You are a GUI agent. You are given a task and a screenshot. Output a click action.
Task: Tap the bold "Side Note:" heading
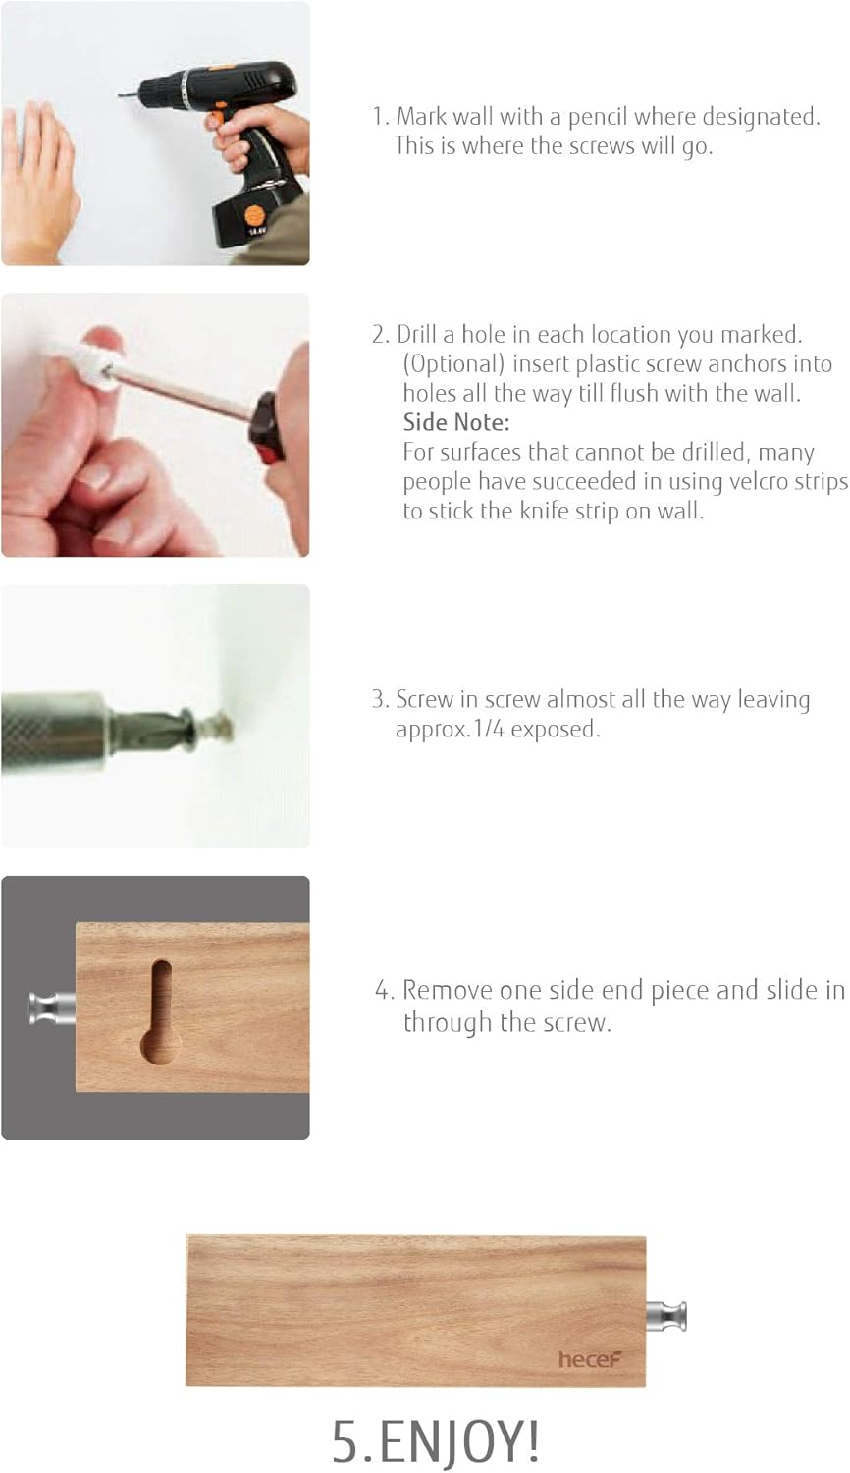click(456, 423)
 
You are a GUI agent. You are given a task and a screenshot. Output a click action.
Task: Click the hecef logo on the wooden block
click(590, 1359)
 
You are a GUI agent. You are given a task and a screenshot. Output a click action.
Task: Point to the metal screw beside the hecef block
click(666, 1316)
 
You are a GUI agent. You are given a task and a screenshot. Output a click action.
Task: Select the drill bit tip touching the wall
click(123, 95)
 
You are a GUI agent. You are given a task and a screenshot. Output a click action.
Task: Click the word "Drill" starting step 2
click(416, 335)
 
